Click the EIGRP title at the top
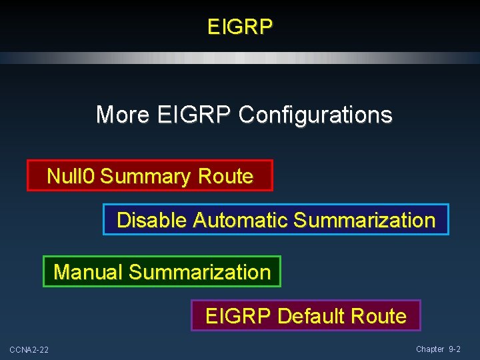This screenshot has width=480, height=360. coord(240,27)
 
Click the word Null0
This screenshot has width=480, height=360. coord(71,176)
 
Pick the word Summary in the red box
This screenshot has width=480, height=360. coord(145,176)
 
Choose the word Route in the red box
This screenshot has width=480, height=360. coord(225,176)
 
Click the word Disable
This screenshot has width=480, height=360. coord(152,220)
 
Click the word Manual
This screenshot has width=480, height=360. coord(88,272)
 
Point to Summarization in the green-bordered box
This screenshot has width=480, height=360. coord(199,272)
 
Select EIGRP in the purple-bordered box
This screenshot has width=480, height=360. coord(239,315)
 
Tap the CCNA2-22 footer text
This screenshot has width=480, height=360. coord(29,350)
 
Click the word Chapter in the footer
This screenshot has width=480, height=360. coord(430,349)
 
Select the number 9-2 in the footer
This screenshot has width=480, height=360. coord(454,349)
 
